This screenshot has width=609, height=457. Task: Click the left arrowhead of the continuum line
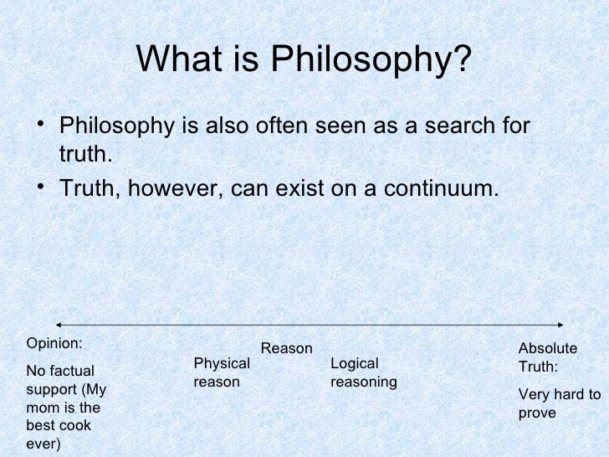[59, 325]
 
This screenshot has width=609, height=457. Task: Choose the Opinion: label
[55, 342]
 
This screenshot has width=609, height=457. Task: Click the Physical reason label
[221, 372]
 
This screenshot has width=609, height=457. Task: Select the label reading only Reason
[287, 348]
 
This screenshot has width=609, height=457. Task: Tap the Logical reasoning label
[363, 372]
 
